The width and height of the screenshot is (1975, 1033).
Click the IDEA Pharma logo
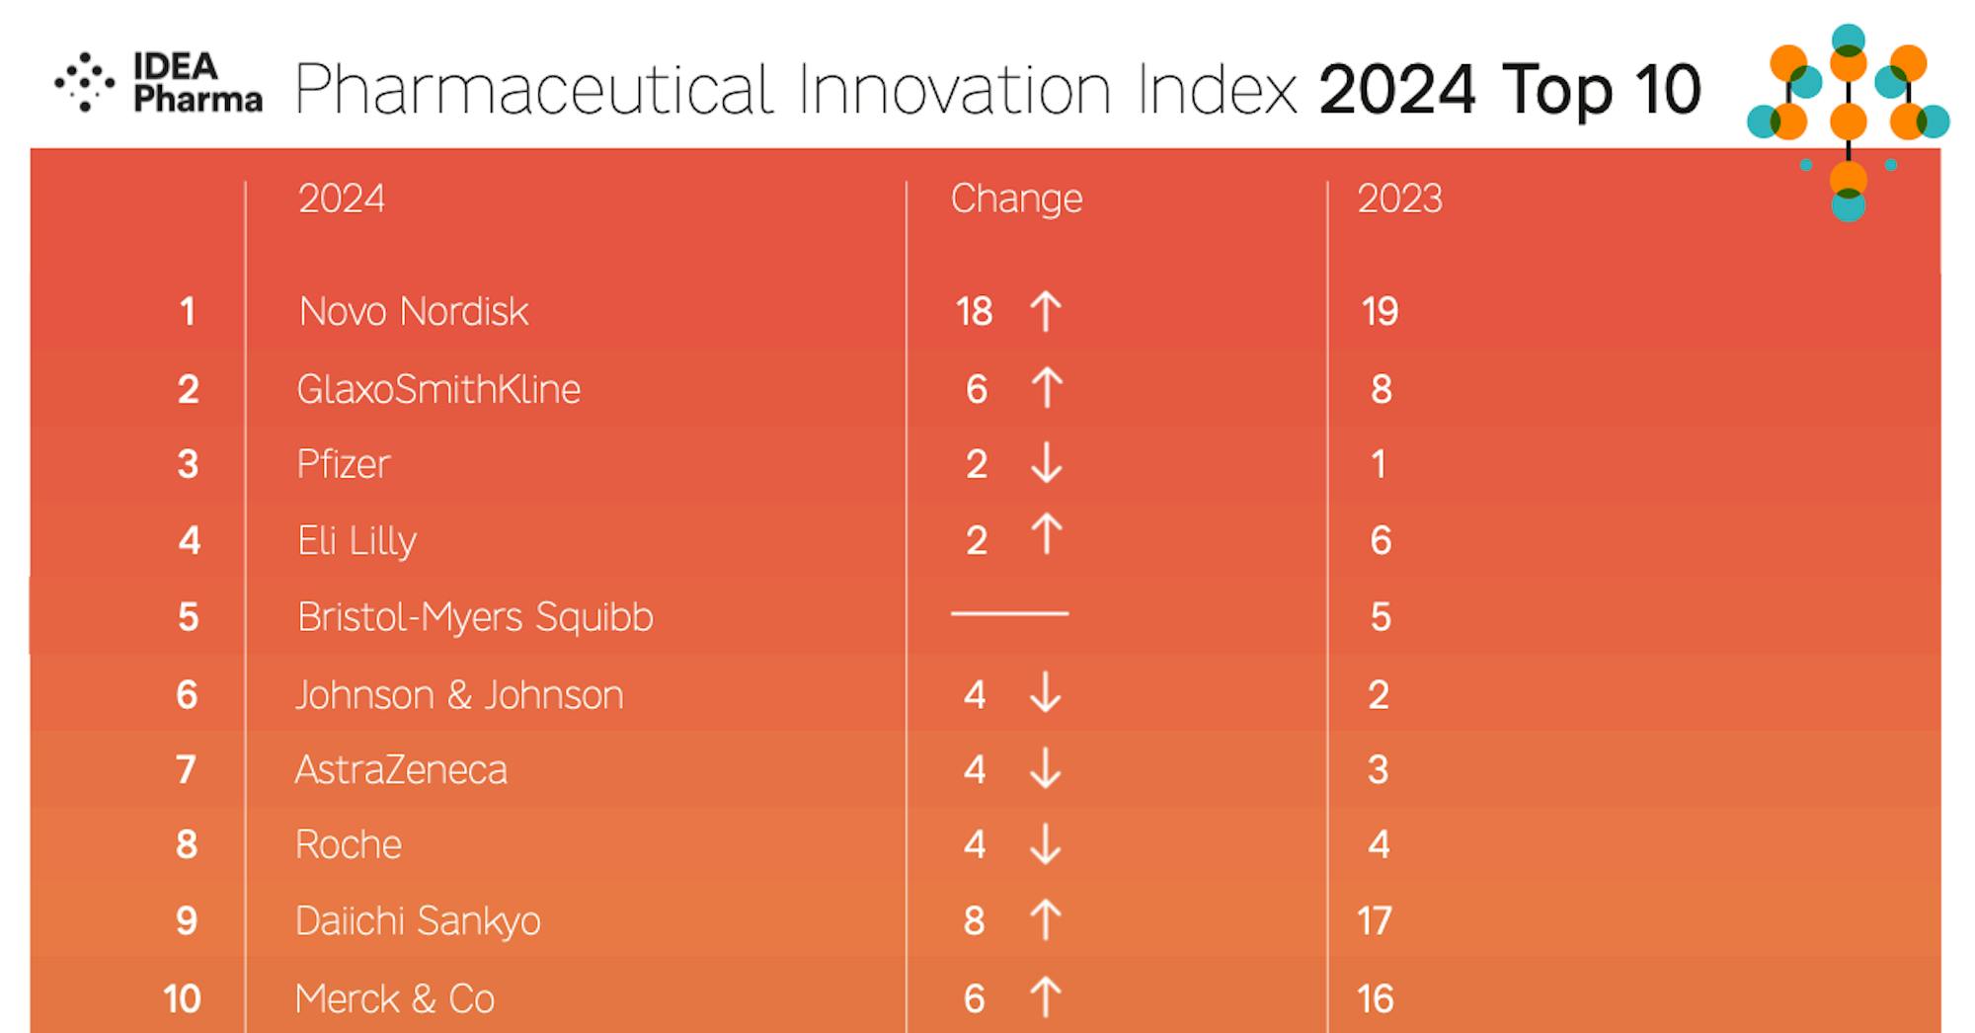[x=158, y=83]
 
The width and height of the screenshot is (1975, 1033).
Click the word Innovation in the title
[x=954, y=90]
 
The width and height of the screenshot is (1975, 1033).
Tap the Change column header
[x=1016, y=199]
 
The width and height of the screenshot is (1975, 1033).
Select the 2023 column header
[x=1399, y=199]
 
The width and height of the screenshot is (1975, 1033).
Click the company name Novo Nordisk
[x=413, y=312]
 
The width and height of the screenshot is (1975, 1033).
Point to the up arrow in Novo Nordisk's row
[x=1046, y=311]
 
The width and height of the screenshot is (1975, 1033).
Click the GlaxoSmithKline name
[x=438, y=389]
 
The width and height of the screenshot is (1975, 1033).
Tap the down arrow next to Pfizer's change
[x=1046, y=463]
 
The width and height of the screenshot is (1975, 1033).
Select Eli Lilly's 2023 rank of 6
[x=1381, y=540]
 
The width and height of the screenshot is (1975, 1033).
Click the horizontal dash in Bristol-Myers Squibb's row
[x=1009, y=613]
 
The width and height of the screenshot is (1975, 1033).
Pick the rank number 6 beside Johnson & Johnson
[x=187, y=695]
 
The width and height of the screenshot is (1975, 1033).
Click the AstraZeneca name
[x=401, y=770]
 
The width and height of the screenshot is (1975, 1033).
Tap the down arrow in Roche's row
[x=1045, y=844]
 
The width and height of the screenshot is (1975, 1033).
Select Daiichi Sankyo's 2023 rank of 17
[x=1375, y=921]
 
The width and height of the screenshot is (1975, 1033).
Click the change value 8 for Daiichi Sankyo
[x=974, y=921]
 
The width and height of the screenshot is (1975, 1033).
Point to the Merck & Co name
[x=395, y=998]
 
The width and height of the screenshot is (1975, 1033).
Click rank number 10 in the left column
[x=183, y=998]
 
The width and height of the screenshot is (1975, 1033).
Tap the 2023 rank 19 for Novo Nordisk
[x=1380, y=312]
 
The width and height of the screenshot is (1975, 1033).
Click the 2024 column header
[x=341, y=199]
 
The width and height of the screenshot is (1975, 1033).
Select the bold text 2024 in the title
[x=1396, y=90]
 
